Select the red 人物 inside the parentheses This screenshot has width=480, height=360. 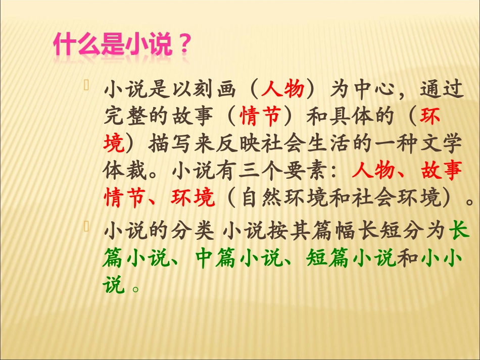click(x=283, y=89)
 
